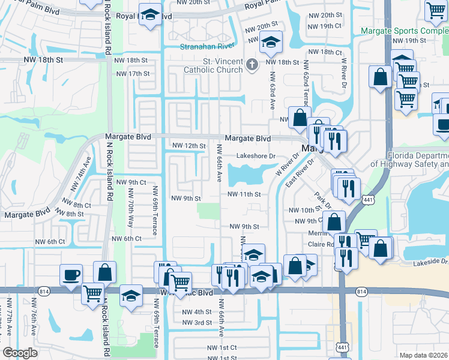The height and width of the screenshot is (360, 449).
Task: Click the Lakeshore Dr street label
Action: [255, 156]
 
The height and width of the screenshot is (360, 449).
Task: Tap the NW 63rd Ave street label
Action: [272, 91]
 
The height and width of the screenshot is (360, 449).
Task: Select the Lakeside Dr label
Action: [430, 262]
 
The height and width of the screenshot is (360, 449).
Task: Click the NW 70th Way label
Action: [130, 208]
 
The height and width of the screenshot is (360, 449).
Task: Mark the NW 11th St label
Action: [244, 194]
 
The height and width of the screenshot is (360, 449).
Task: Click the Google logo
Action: [20, 353]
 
